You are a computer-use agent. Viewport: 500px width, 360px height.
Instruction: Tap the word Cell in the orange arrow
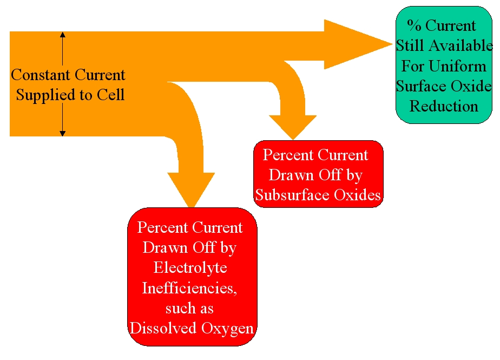click(111, 95)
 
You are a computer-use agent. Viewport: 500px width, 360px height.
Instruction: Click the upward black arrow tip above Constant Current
click(63, 34)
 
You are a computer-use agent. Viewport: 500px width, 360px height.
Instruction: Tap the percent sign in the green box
click(415, 25)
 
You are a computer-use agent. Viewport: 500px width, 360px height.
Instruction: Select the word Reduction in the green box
click(444, 106)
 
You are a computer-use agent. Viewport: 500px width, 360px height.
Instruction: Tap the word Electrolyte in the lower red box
click(190, 267)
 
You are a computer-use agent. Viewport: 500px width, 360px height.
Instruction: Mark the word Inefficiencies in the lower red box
click(189, 287)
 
